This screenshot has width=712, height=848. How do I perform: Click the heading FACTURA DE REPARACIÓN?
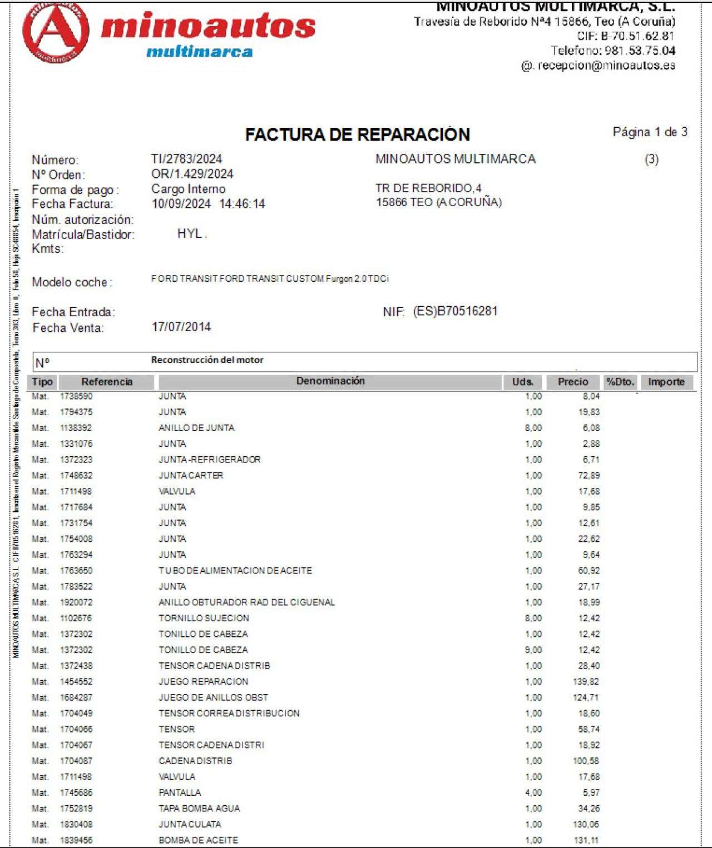click(x=357, y=134)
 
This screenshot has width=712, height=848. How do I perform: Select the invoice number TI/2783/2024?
click(x=186, y=159)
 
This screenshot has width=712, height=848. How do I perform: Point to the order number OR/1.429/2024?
click(x=192, y=174)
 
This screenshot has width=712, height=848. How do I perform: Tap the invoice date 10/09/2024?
click(x=181, y=204)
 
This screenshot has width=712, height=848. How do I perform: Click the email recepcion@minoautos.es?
click(x=606, y=66)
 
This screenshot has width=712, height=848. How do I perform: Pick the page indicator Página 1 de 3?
click(x=650, y=132)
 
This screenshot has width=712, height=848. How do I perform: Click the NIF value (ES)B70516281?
click(x=455, y=311)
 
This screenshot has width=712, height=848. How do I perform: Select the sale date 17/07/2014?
click(x=181, y=327)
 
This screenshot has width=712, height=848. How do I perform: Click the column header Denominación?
click(x=330, y=381)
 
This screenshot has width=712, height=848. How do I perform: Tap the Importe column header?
click(x=666, y=382)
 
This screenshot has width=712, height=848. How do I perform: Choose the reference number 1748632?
click(x=76, y=476)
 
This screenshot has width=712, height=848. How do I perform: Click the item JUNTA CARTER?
click(x=191, y=476)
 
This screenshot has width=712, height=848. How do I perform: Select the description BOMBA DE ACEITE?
click(x=198, y=840)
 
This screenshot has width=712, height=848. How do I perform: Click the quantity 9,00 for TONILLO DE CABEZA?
click(x=533, y=650)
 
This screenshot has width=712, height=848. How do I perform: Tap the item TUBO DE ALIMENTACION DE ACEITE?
click(x=235, y=571)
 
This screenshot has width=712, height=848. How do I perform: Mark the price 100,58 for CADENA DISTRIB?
click(x=586, y=761)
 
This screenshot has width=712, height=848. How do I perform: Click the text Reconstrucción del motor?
click(x=207, y=360)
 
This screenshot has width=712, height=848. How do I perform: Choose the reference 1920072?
click(x=76, y=602)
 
